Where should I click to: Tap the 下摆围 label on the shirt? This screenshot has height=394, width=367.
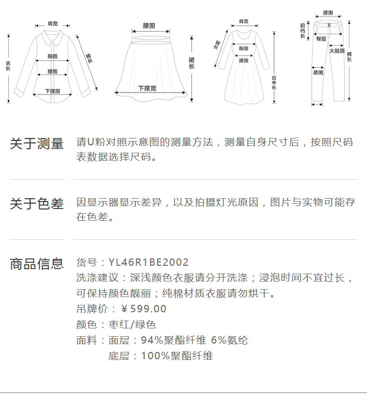(x=52, y=91)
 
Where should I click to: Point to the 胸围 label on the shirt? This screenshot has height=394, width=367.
(x=53, y=56)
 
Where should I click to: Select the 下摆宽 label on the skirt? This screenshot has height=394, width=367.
(x=147, y=88)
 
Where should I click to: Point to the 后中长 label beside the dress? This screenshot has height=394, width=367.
(x=274, y=83)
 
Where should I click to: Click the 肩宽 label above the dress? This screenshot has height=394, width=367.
(x=243, y=21)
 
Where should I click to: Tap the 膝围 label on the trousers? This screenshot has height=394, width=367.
(x=318, y=72)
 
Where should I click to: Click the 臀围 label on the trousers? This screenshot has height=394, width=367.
(x=321, y=38)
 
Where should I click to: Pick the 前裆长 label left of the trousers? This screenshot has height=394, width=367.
(x=303, y=30)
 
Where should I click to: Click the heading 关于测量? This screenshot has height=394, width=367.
(x=37, y=144)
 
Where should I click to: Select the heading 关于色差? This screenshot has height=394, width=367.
(x=37, y=204)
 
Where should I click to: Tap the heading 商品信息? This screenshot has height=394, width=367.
(x=37, y=264)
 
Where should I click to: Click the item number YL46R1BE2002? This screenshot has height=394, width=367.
(x=148, y=263)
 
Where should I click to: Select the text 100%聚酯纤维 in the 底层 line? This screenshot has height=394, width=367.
(x=177, y=356)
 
